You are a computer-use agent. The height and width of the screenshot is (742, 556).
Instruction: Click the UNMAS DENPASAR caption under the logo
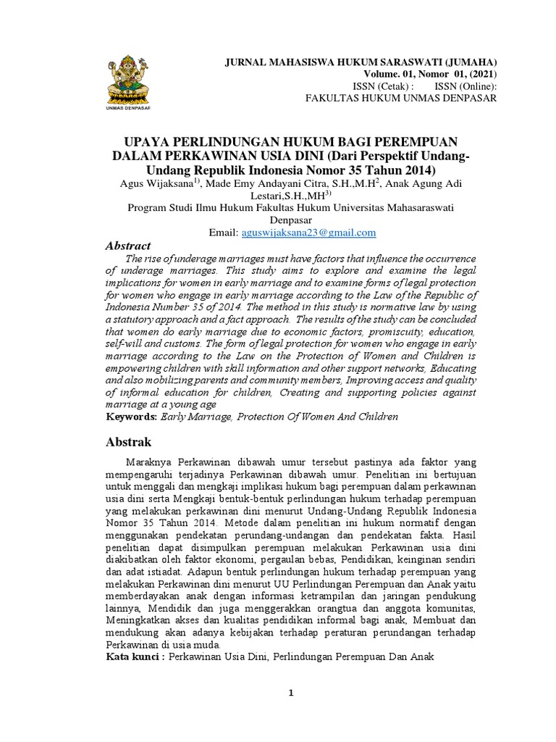[129, 110]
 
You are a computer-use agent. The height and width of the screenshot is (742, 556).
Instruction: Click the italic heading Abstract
[128, 246]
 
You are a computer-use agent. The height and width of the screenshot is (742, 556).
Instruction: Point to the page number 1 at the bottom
[291, 693]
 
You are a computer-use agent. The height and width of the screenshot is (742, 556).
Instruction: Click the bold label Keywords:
[130, 417]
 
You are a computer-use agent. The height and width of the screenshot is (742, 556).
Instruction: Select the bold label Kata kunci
[133, 657]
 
